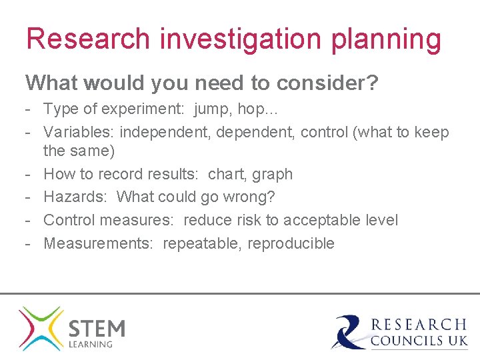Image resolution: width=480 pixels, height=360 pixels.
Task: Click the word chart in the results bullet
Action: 226,174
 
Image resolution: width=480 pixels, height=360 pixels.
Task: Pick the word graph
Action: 272,175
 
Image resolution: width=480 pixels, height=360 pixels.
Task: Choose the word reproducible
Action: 291,244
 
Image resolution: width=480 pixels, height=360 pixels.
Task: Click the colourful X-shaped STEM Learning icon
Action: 41,328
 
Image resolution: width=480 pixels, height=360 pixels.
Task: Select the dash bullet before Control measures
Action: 29,220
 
